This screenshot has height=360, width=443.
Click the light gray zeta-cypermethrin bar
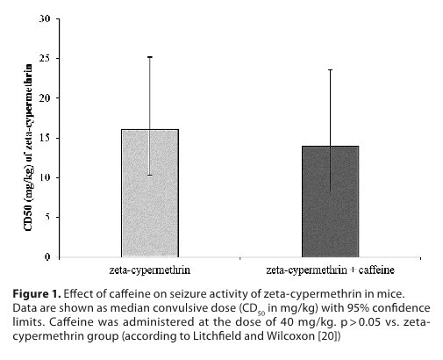[150, 193]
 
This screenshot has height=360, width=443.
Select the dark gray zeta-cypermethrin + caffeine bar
[331, 202]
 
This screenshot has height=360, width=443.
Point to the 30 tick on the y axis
[45, 18]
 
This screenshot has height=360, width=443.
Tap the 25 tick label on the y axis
[45, 58]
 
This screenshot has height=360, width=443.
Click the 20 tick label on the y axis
[45, 98]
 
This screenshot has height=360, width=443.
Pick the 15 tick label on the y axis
[45, 138]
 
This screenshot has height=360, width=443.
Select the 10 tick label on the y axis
[45, 177]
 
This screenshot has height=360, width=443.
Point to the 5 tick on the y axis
[48, 217]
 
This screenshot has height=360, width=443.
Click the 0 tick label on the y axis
[48, 257]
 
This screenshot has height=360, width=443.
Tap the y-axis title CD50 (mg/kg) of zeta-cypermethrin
[28, 148]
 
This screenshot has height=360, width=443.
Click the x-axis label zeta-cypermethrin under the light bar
[150, 270]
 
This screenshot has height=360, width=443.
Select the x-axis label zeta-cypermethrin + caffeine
[330, 270]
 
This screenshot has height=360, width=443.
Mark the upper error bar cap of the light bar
[150, 57]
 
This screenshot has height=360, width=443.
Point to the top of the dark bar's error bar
[331, 69]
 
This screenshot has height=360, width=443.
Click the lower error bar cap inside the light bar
[150, 175]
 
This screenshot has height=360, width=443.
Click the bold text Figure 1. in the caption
[37, 294]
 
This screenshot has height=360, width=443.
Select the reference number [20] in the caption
[329, 336]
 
